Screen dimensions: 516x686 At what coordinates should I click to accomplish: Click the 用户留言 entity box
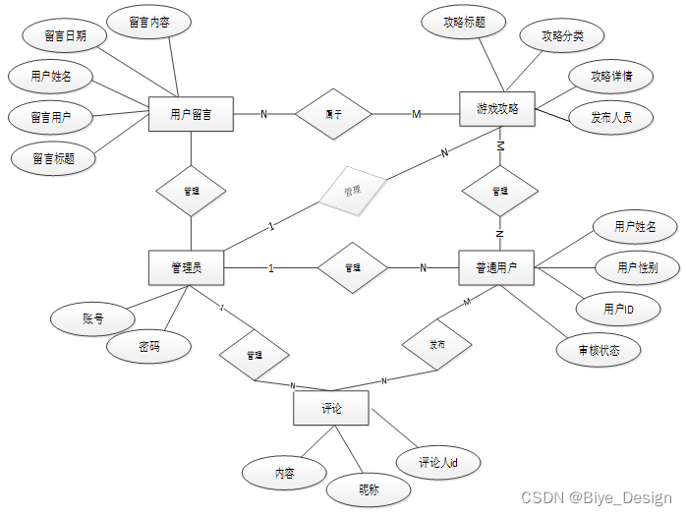[x=191, y=114]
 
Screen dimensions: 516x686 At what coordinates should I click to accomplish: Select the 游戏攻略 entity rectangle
[x=497, y=108]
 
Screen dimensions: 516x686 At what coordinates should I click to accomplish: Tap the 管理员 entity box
[x=186, y=267]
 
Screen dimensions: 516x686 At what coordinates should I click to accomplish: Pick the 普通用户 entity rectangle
[x=496, y=266]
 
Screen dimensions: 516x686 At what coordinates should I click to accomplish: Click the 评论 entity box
[x=331, y=408]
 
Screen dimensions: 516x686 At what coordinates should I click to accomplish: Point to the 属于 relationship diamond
[x=334, y=114]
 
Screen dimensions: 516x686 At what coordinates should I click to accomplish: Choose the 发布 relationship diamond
[x=436, y=345]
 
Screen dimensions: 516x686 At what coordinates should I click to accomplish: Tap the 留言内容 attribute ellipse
[x=155, y=21]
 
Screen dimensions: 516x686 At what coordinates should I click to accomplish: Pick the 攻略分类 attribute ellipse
[x=562, y=36]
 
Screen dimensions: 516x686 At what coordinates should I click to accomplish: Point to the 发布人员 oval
[x=611, y=118]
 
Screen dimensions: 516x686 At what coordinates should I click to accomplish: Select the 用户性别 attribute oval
[x=636, y=267]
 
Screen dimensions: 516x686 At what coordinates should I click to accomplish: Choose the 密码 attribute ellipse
[x=149, y=346]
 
